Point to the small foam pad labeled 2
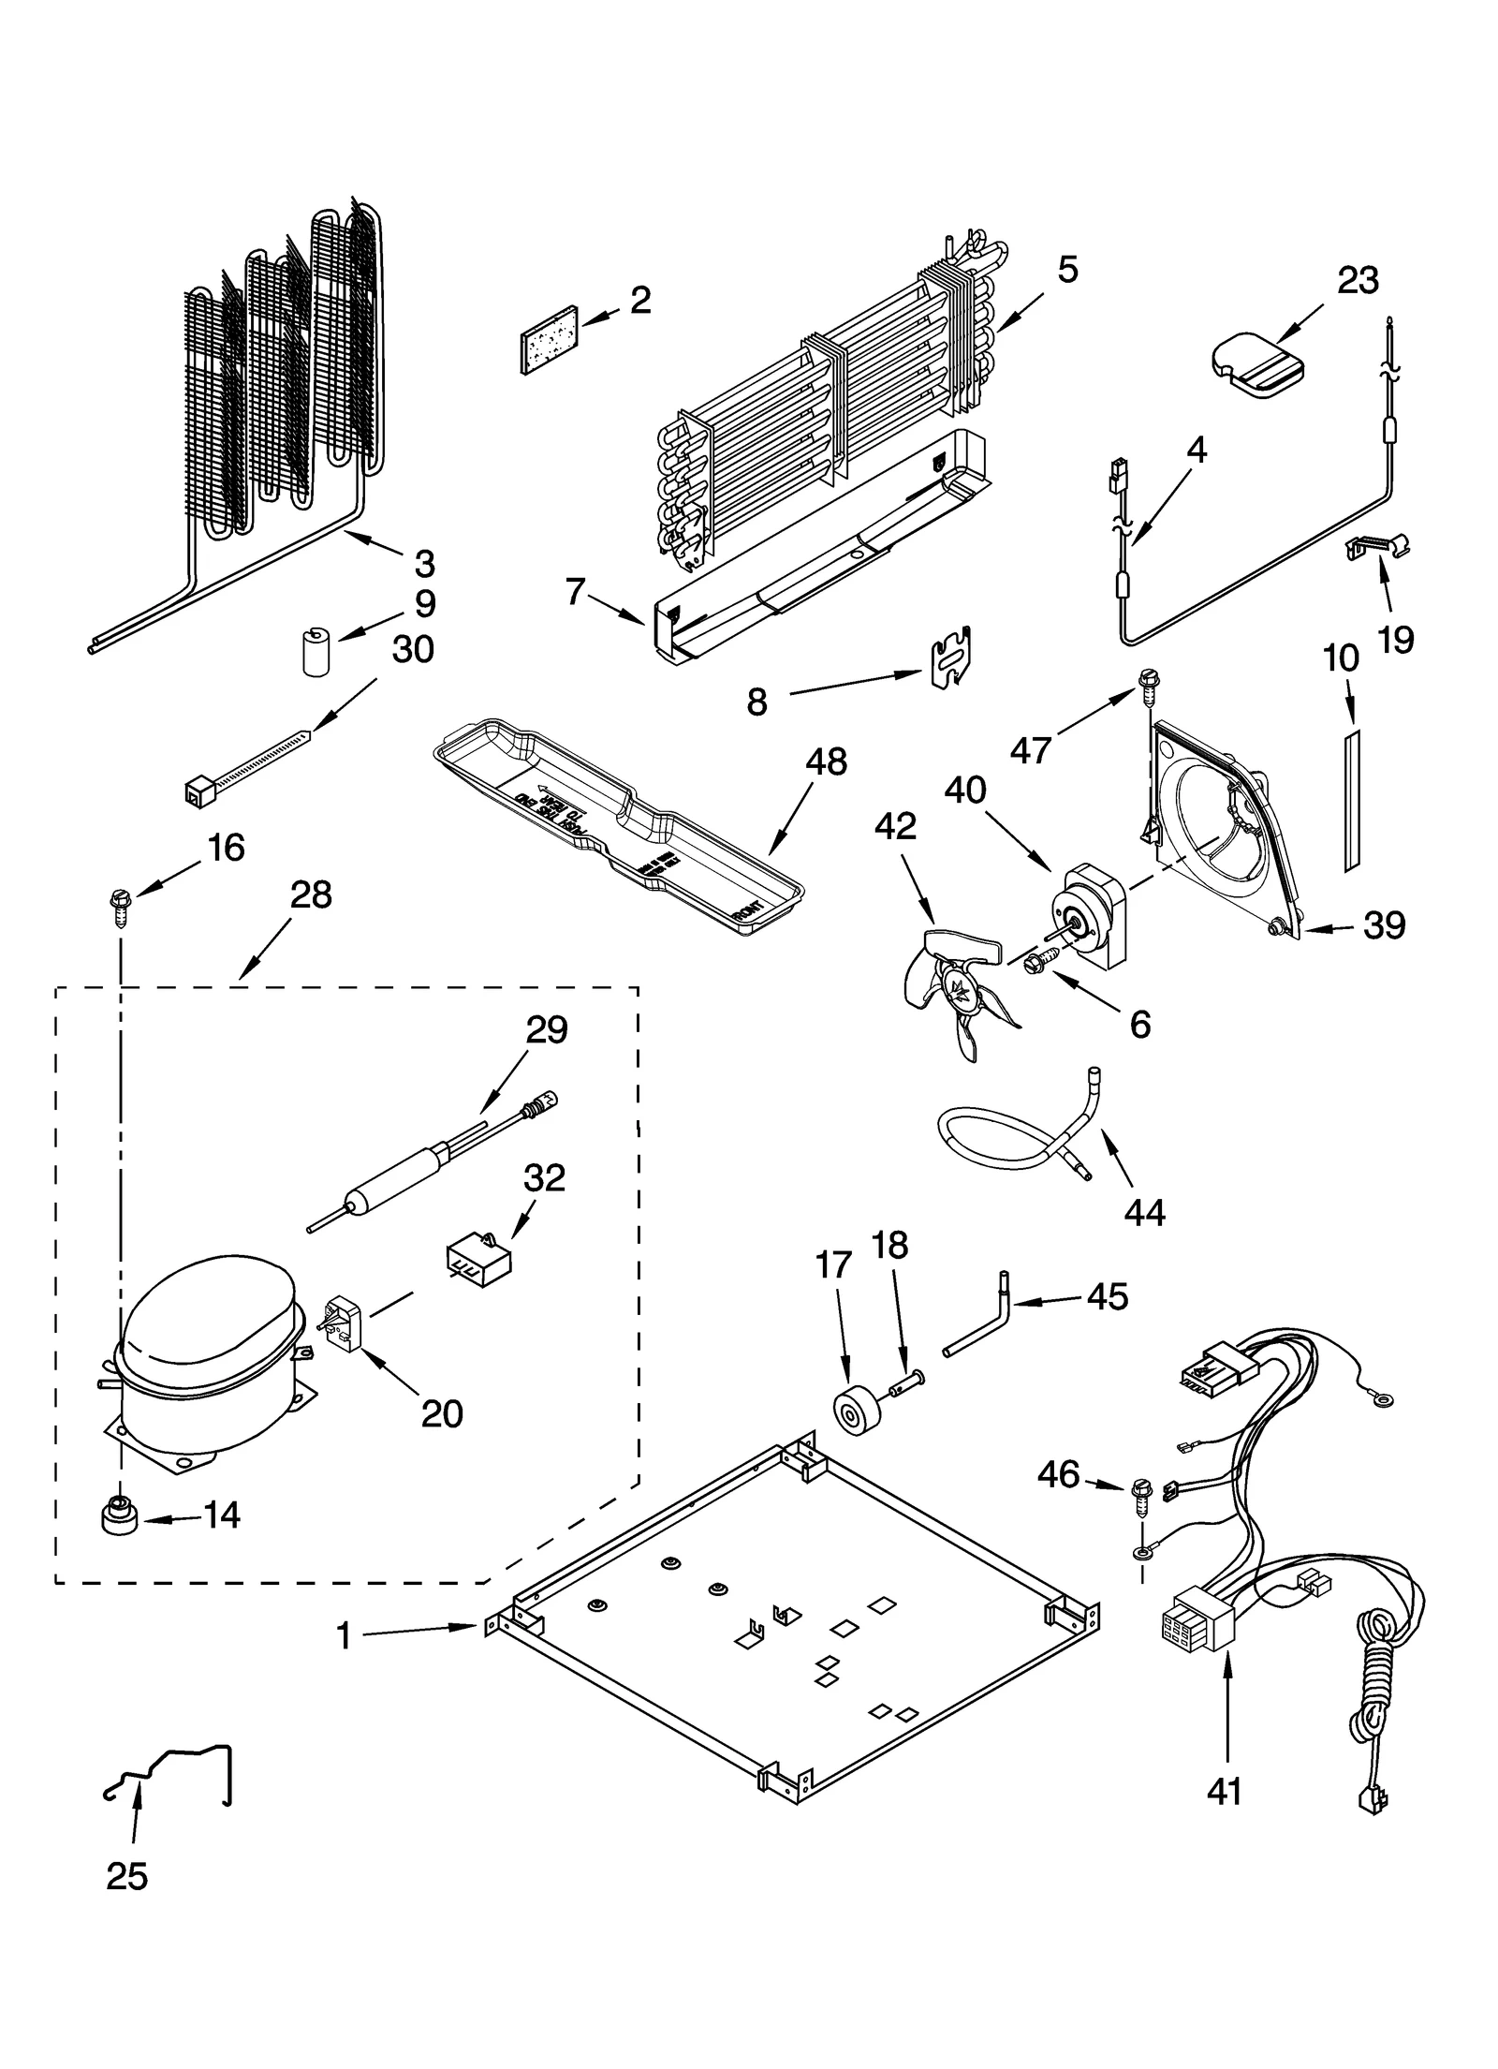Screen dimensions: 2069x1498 [550, 338]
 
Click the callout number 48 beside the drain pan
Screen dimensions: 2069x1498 [824, 761]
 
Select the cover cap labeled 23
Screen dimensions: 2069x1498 [1256, 363]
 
